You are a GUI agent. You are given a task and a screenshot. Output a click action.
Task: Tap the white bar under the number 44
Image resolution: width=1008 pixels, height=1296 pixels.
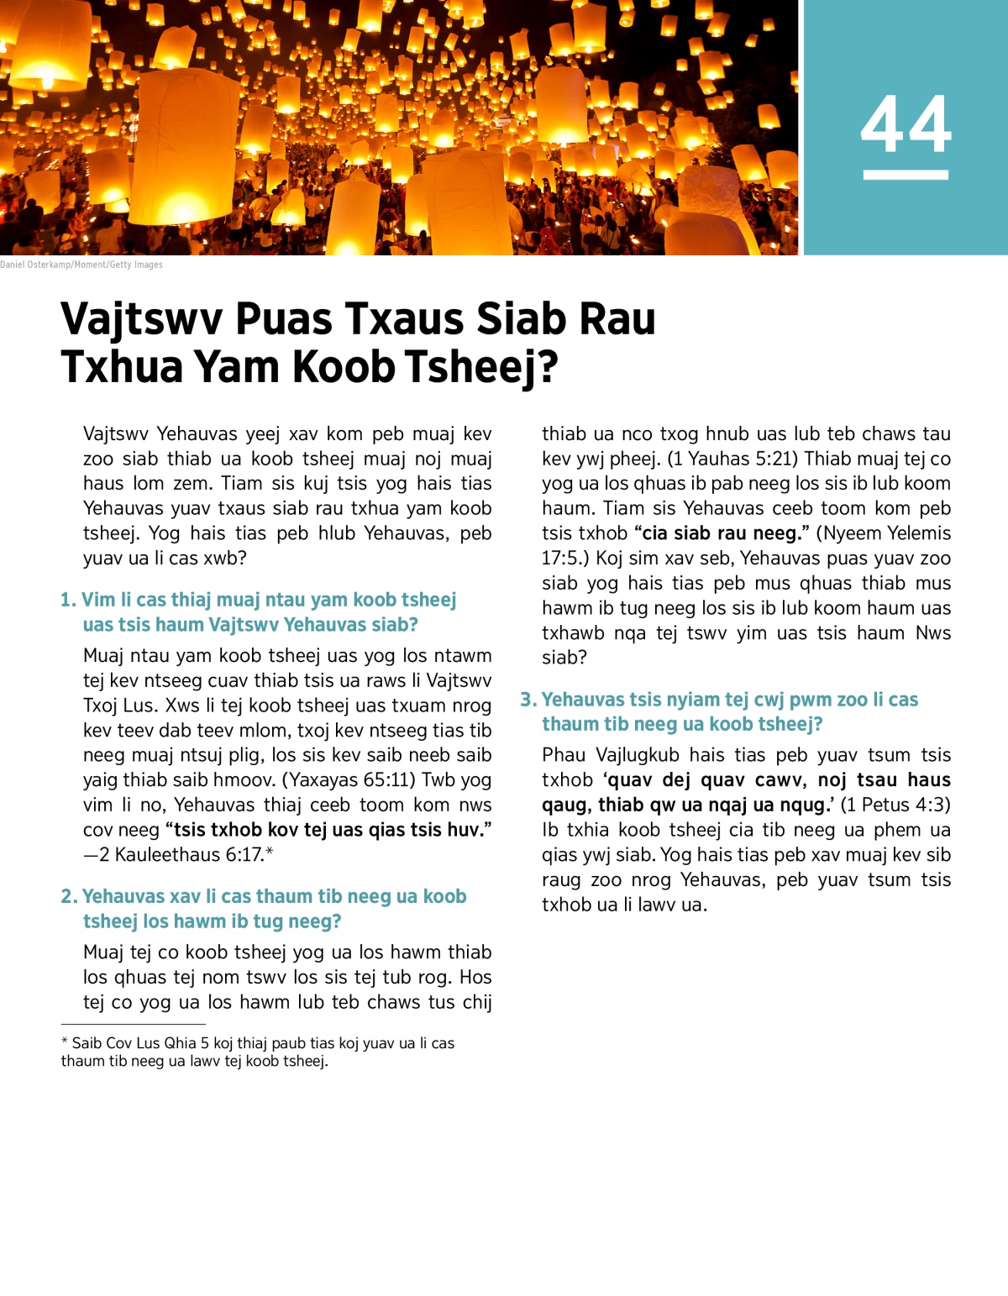[x=906, y=175]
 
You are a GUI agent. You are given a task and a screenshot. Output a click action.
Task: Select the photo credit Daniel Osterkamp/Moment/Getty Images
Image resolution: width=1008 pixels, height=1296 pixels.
[x=81, y=265]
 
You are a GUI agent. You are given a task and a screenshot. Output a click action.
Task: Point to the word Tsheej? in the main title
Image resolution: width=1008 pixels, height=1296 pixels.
[x=481, y=367]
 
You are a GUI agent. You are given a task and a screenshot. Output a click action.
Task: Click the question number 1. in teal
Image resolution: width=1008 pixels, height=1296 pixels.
[x=68, y=600]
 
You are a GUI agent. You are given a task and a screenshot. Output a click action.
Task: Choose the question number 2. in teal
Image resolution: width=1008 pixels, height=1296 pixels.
[x=69, y=896]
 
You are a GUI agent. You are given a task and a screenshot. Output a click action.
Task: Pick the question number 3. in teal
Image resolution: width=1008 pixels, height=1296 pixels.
[x=528, y=700]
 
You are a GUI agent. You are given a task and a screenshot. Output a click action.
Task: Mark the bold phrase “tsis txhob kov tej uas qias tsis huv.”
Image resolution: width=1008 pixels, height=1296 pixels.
[x=328, y=830]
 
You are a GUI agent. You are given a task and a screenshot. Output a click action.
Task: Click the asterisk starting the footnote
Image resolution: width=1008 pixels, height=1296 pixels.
[x=65, y=1042]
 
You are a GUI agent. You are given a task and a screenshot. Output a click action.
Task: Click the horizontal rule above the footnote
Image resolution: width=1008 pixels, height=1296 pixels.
[x=133, y=1024]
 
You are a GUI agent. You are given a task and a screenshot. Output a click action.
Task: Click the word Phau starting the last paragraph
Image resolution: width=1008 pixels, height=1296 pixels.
[x=564, y=755]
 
